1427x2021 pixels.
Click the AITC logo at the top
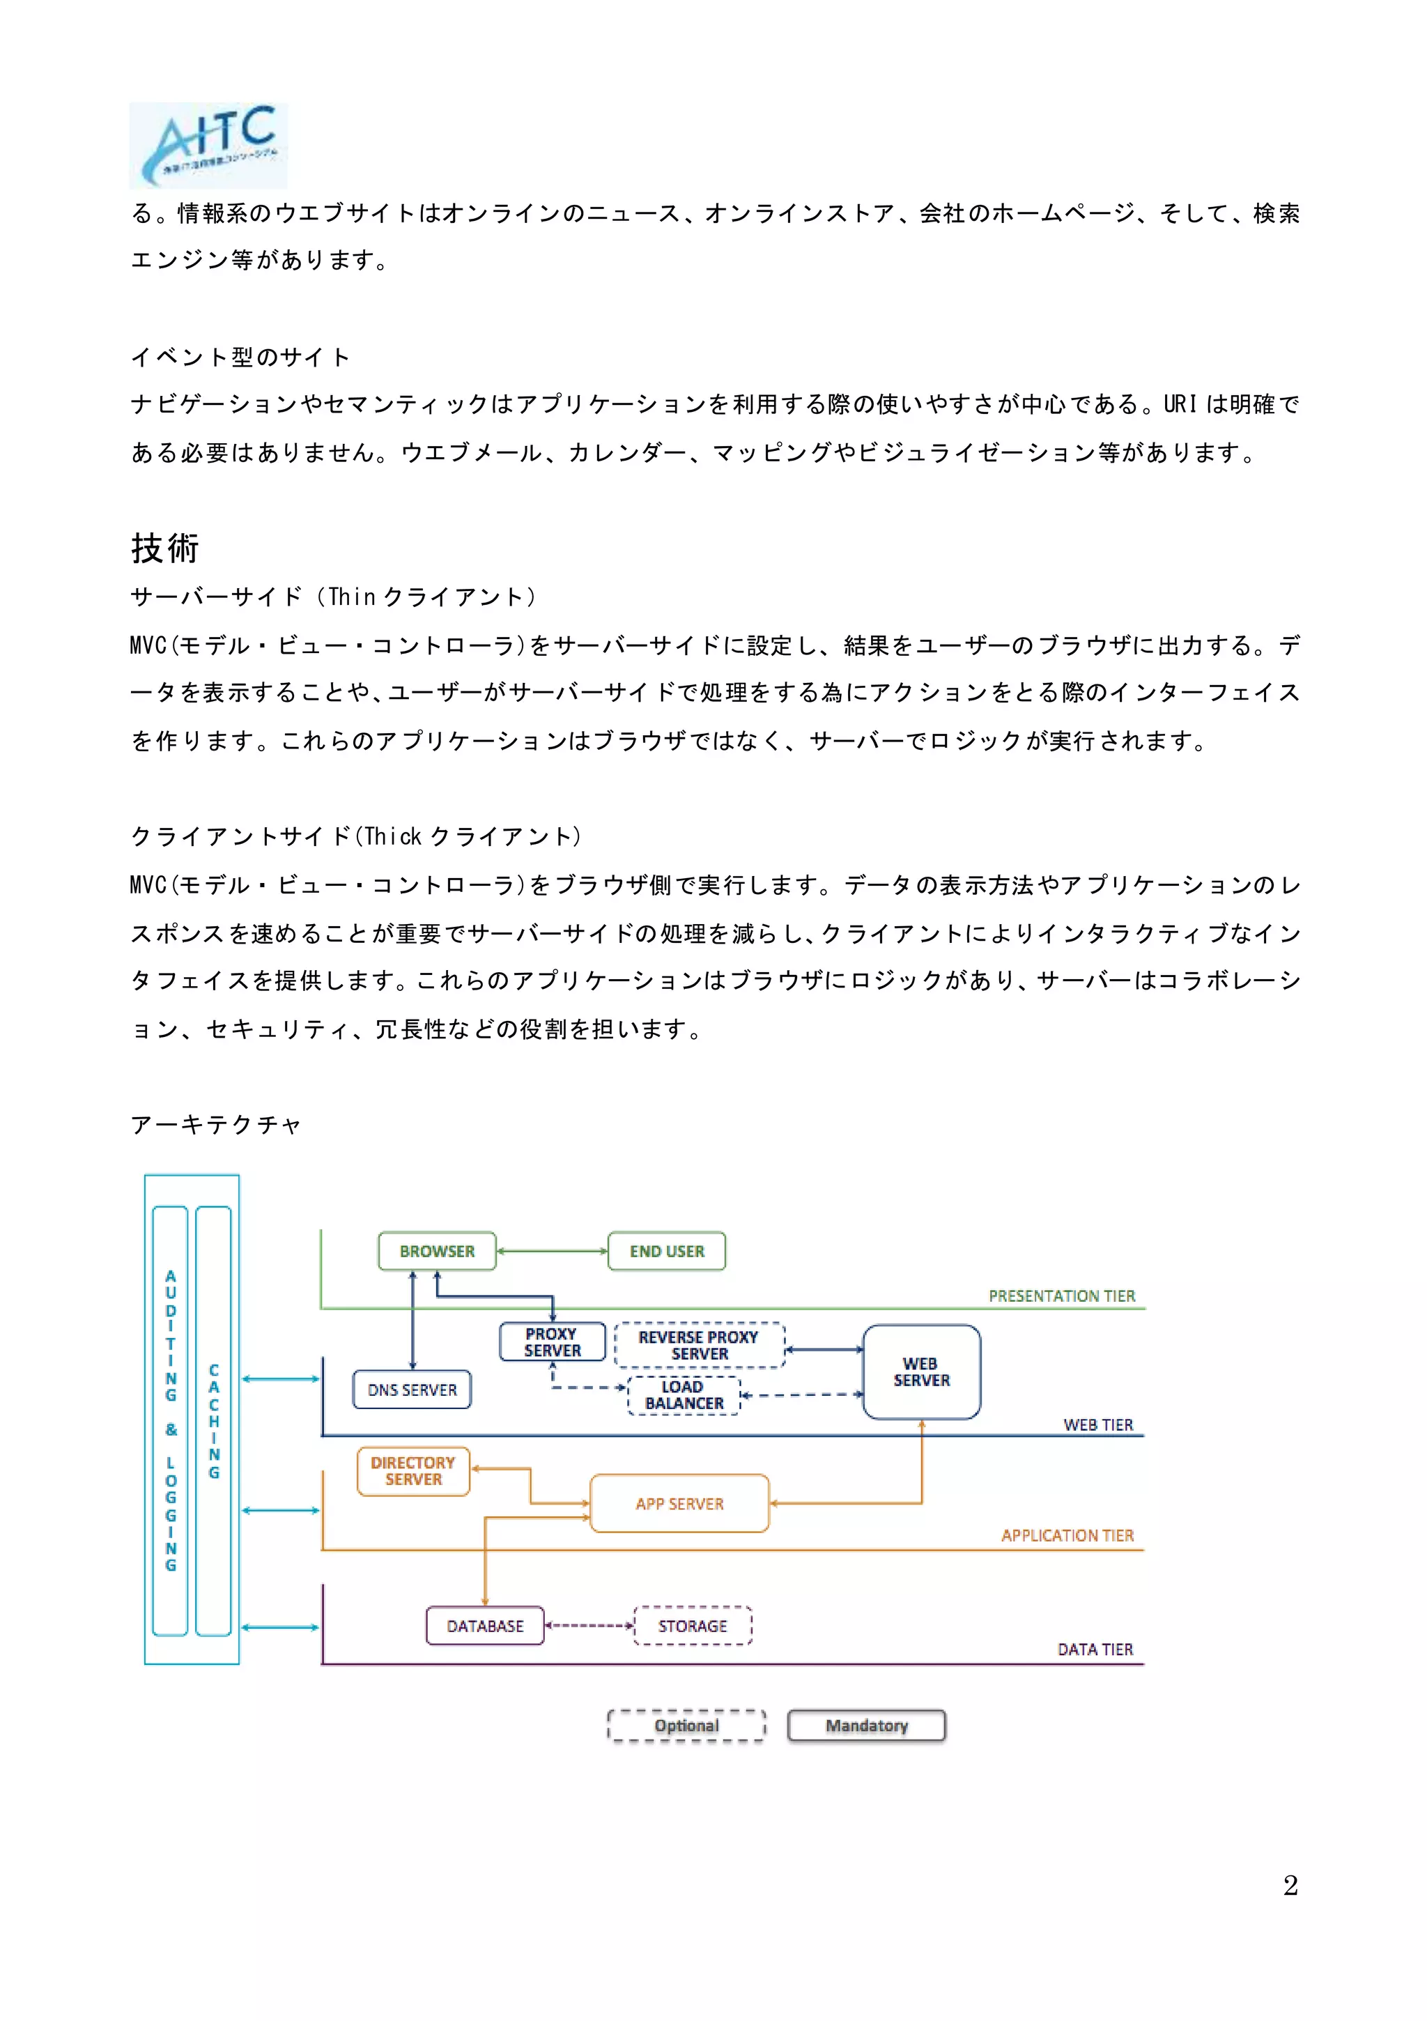(208, 144)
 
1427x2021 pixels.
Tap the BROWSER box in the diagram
(437, 1251)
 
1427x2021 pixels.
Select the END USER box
(666, 1251)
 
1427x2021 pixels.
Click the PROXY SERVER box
(552, 1342)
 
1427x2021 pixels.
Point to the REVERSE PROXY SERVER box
(699, 1345)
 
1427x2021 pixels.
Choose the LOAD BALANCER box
(684, 1395)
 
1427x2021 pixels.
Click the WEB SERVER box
(921, 1372)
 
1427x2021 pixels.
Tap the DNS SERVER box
(412, 1390)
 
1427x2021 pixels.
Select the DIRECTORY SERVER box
(413, 1471)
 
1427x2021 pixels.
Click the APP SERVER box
(679, 1503)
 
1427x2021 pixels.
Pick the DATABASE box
(484, 1626)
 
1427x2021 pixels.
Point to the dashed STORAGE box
(693, 1626)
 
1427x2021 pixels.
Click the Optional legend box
(686, 1726)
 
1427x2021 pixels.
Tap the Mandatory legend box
(866, 1726)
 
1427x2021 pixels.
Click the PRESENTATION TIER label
(1062, 1296)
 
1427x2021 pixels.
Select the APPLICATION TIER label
(1067, 1535)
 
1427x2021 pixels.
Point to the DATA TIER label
(1095, 1650)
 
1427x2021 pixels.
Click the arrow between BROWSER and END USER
(552, 1251)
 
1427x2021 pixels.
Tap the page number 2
(1290, 1885)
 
